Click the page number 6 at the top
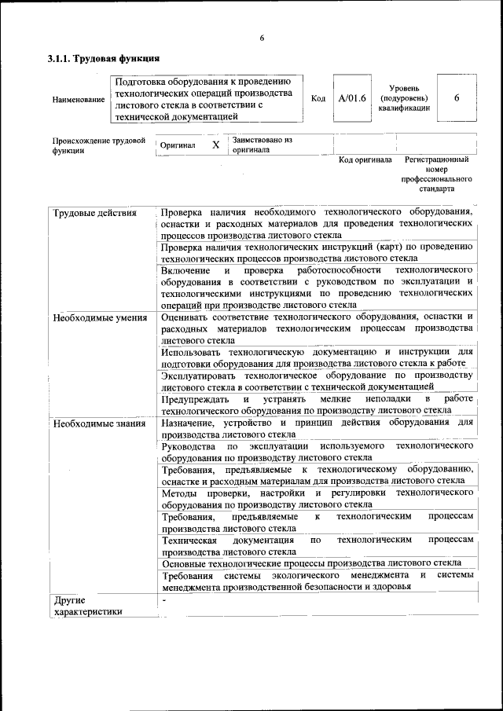[261, 38]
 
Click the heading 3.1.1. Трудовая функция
[104, 58]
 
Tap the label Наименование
[78, 100]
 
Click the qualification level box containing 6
[456, 98]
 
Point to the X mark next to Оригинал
[215, 145]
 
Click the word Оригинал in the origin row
[178, 146]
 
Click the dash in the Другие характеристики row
[164, 600]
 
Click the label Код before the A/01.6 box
[318, 99]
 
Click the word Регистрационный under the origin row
[436, 159]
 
